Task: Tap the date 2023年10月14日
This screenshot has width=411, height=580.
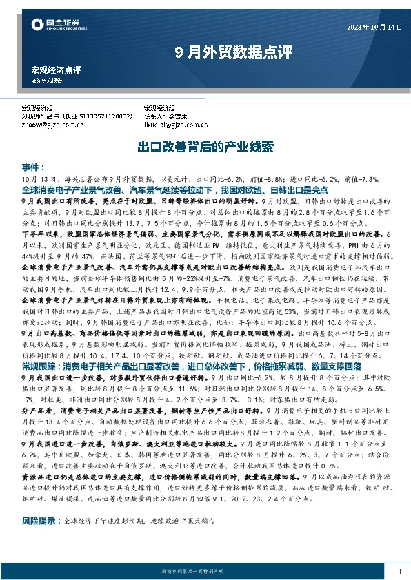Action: pos(373,26)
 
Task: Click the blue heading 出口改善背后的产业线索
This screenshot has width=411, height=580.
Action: pos(205,147)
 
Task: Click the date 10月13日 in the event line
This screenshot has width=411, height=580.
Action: pos(37,179)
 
